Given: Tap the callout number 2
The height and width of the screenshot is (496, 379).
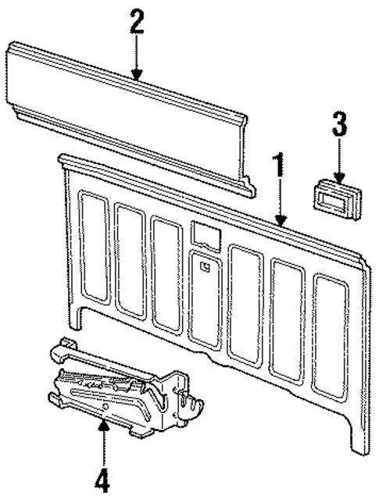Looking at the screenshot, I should point(137,21).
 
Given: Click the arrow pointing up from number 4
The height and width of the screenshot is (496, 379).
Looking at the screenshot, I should point(102,441).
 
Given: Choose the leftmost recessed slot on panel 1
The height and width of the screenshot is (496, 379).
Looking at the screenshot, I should point(93,250).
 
